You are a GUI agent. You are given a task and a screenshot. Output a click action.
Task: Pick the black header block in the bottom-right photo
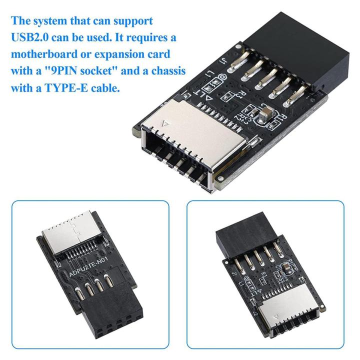(242, 232)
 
